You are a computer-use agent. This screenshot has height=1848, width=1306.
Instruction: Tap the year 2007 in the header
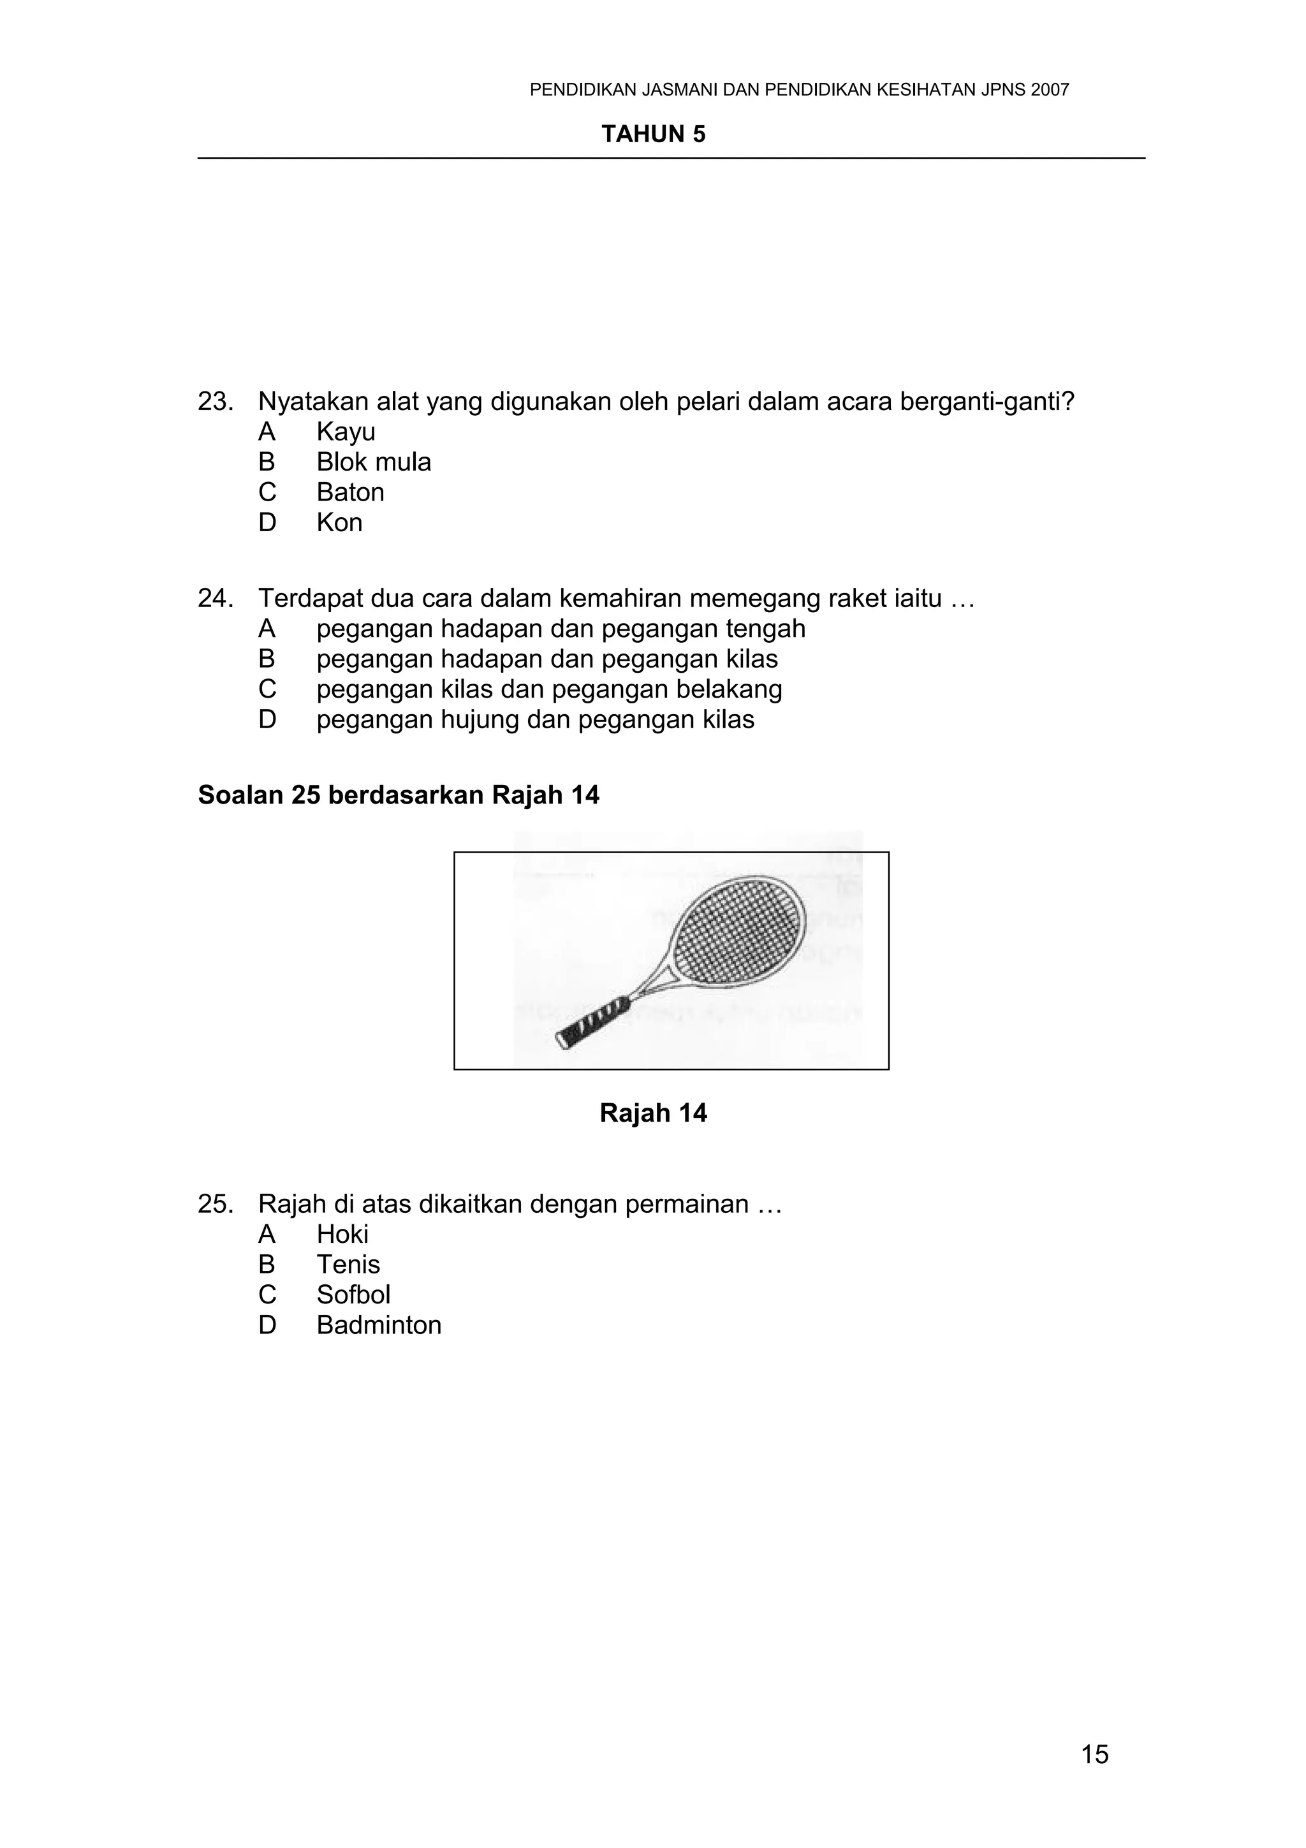pyautogui.click(x=1049, y=90)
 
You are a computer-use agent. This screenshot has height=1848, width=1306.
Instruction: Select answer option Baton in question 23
pyautogui.click(x=350, y=492)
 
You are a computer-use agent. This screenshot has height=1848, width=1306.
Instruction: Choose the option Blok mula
pyautogui.click(x=374, y=462)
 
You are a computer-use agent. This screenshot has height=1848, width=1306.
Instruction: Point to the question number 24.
pyautogui.click(x=215, y=599)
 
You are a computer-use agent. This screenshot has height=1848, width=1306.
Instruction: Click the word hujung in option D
pyautogui.click(x=480, y=719)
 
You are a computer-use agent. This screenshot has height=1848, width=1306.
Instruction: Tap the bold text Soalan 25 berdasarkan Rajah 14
pyautogui.click(x=399, y=795)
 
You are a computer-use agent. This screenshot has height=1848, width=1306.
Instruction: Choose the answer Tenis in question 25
pyautogui.click(x=348, y=1265)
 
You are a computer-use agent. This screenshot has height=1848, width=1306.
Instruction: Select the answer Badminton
pyautogui.click(x=378, y=1325)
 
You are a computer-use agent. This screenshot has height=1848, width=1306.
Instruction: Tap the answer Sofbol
pyautogui.click(x=353, y=1294)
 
